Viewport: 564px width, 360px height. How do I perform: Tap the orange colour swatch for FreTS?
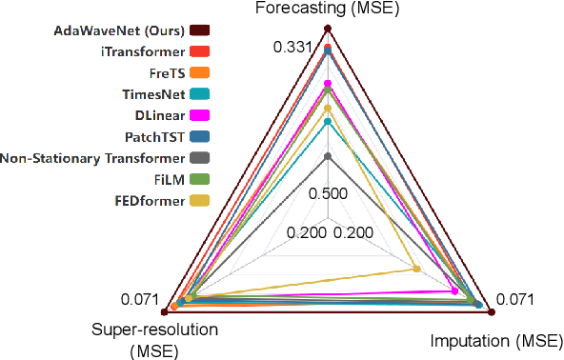click(201, 71)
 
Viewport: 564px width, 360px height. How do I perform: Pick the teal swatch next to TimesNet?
click(201, 93)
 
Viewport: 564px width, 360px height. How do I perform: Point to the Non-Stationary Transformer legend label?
click(92, 157)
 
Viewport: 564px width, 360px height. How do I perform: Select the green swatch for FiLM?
click(201, 178)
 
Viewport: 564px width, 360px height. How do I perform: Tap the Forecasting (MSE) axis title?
click(327, 10)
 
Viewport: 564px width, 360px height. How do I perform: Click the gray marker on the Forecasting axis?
click(327, 155)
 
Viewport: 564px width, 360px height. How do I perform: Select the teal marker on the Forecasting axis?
click(327, 121)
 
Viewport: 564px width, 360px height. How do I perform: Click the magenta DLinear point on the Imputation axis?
click(453, 290)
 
